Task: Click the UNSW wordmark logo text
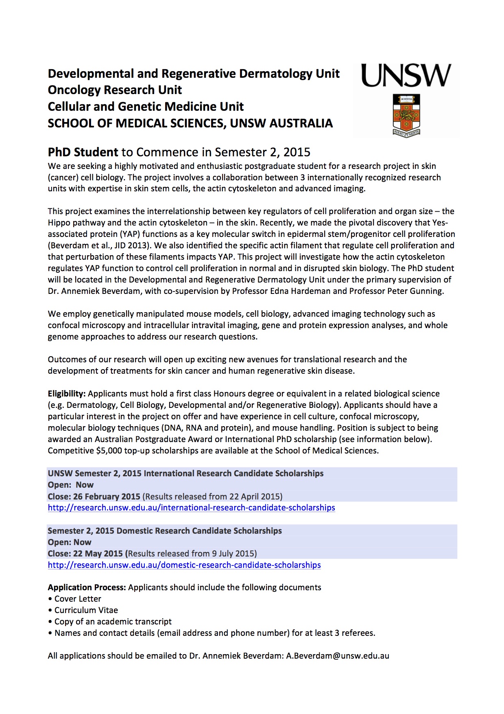(406, 76)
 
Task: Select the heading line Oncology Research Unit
(115, 90)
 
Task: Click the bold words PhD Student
(83, 152)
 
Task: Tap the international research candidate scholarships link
(191, 508)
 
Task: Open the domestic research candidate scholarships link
(184, 565)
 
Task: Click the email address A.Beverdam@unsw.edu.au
(338, 656)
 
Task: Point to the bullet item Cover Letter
(77, 599)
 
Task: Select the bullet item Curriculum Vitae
(86, 610)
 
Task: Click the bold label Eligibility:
(67, 394)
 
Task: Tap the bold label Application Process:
(87, 587)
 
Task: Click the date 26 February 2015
(107, 497)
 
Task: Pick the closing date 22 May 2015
(98, 554)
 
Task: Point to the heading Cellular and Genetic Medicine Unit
(146, 107)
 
